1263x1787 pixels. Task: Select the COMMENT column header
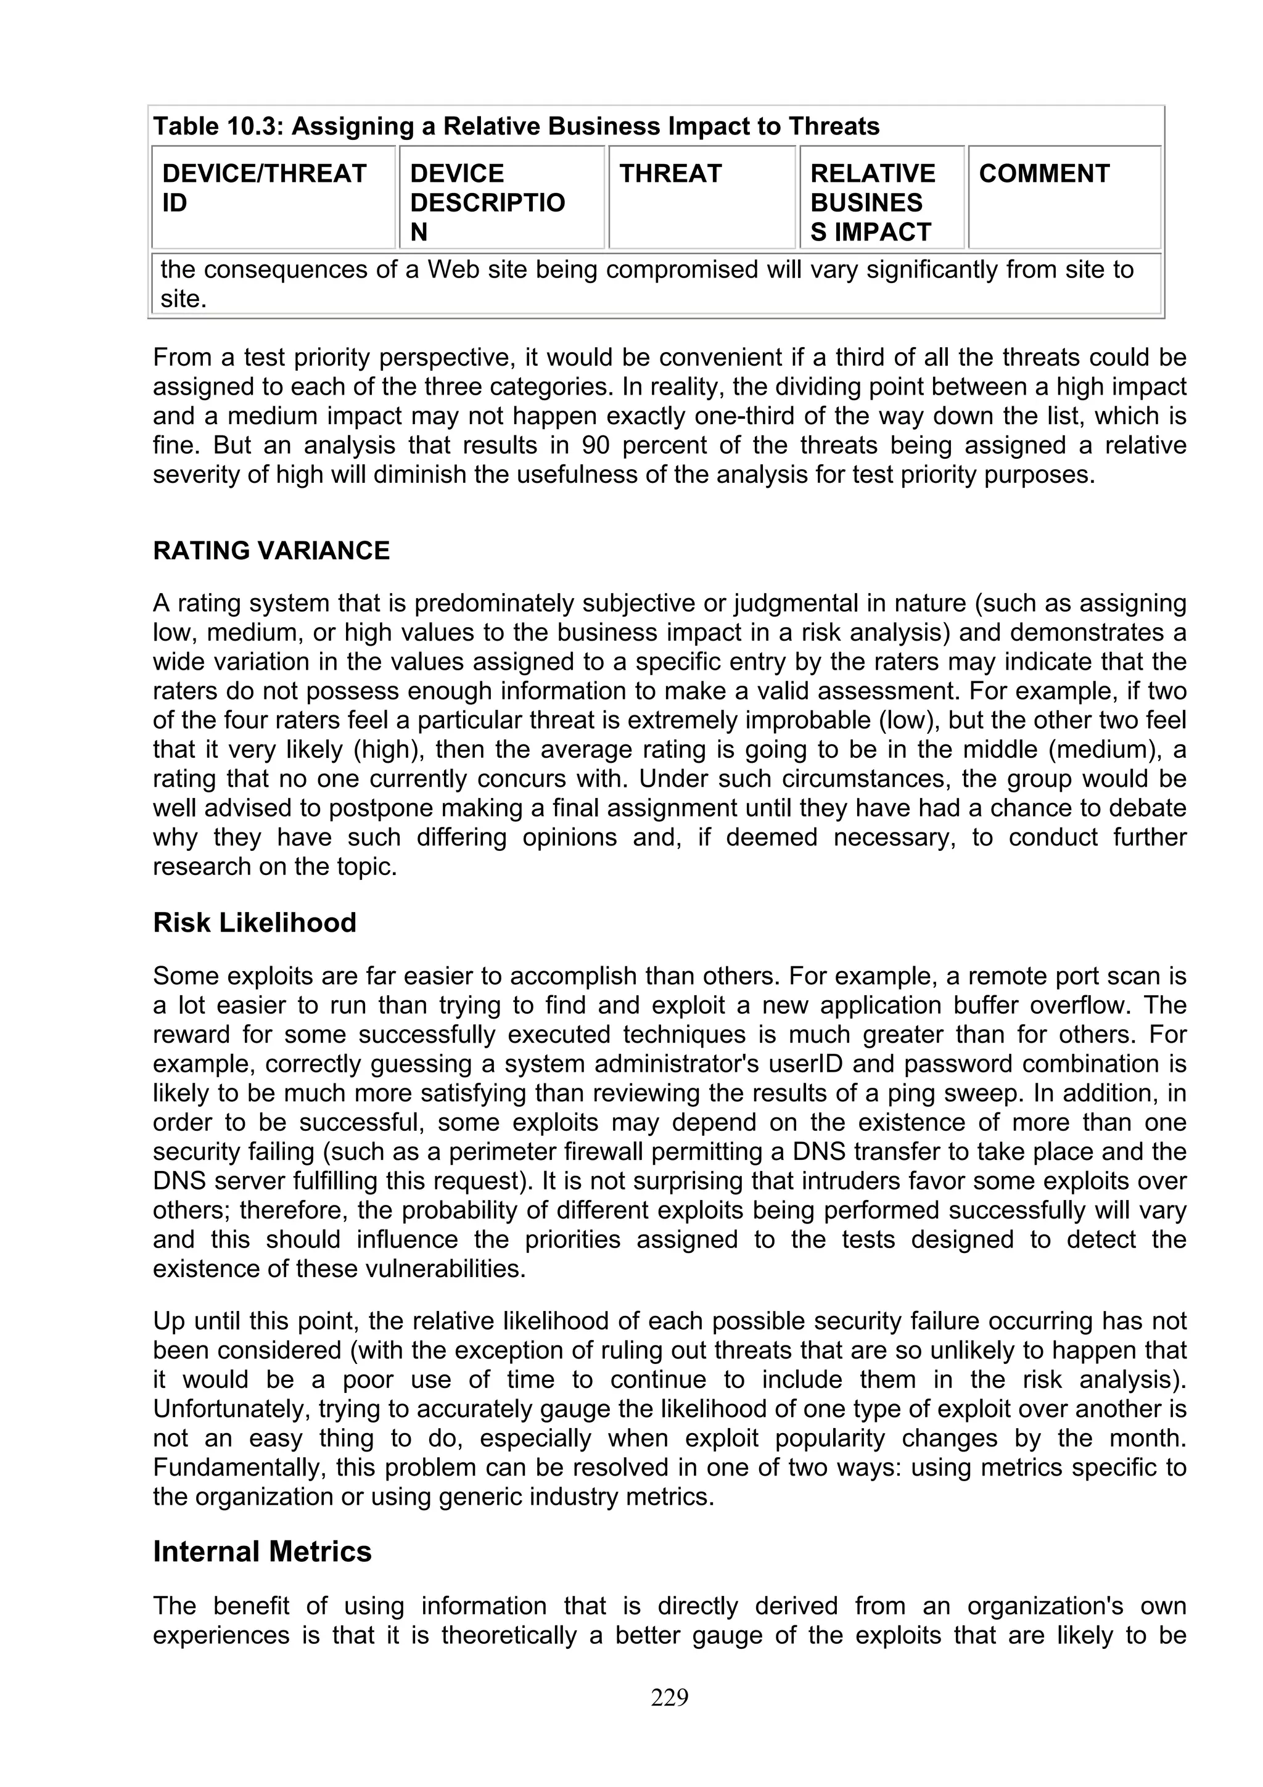click(1043, 173)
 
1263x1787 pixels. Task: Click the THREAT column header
click(670, 173)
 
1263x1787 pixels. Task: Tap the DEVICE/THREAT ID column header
click(264, 187)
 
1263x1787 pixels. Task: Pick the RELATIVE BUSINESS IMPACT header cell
click(873, 202)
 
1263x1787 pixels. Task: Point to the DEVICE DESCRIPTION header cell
click(487, 202)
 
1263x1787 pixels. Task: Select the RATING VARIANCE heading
click(271, 550)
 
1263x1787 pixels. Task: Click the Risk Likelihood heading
click(255, 922)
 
